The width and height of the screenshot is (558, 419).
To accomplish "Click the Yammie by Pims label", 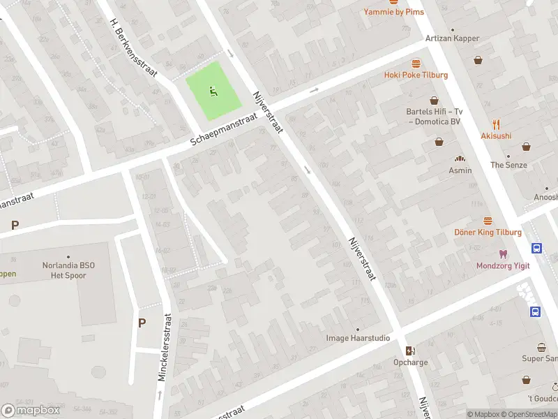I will point(393,12).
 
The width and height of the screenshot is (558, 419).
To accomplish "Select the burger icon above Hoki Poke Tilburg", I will point(416,63).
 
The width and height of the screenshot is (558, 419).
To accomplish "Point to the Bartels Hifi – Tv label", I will point(434,111).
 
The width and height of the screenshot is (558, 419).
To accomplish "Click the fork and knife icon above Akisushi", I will point(496,124).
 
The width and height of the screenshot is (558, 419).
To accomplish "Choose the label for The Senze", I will point(508,165).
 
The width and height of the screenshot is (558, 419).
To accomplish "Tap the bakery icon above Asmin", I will point(460,159).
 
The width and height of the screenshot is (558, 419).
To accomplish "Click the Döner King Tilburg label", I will point(488,232).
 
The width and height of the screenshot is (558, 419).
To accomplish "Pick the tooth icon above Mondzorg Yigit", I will point(502,253).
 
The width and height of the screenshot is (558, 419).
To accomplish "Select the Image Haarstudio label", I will point(358,338).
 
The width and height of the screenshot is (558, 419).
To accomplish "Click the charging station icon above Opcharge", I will point(410,351).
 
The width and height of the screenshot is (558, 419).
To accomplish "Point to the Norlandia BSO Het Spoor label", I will point(68,270).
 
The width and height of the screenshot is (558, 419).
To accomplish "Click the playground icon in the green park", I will point(213,90).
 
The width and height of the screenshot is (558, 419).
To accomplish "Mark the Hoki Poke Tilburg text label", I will point(416,75).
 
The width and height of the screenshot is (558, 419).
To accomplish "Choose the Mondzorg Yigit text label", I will point(502,265).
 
